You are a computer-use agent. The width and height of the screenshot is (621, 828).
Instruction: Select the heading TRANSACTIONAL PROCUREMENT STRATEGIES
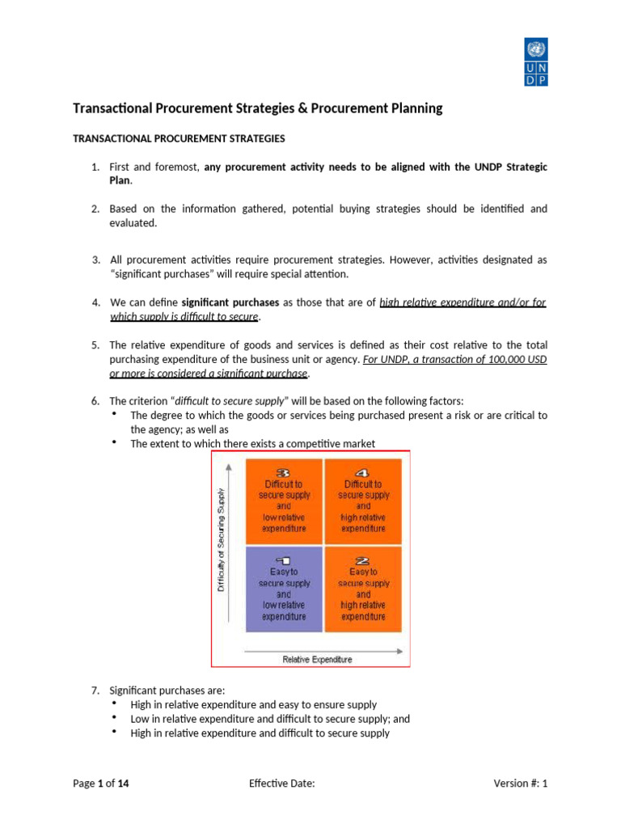coord(179,138)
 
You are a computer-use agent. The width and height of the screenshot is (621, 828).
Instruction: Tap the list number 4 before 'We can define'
coord(95,302)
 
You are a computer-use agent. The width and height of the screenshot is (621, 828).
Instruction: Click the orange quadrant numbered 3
coord(283,501)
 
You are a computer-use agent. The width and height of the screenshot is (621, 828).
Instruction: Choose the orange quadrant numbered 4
coord(363,501)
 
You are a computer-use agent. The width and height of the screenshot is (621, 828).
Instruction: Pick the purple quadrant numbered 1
coord(283,589)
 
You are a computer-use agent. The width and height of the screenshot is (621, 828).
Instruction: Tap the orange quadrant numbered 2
coord(363,589)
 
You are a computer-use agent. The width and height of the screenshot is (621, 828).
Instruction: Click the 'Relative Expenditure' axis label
coord(317,659)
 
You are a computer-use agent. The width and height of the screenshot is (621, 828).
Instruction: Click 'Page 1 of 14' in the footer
coord(101,783)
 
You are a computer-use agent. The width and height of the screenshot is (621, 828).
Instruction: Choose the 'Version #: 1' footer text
coord(520,783)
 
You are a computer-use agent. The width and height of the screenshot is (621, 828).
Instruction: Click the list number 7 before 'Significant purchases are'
coord(95,690)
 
